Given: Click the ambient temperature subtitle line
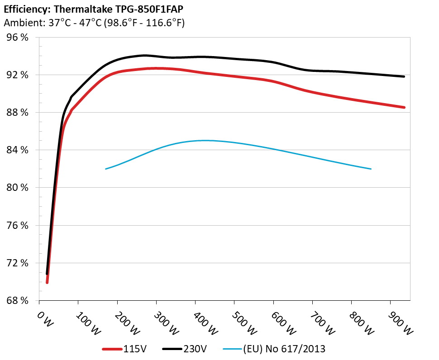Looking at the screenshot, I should tap(94, 23).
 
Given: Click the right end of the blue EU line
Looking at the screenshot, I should tap(371, 169).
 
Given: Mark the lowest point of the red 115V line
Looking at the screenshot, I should tap(47, 283).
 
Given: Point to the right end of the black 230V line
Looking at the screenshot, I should tap(404, 76).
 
